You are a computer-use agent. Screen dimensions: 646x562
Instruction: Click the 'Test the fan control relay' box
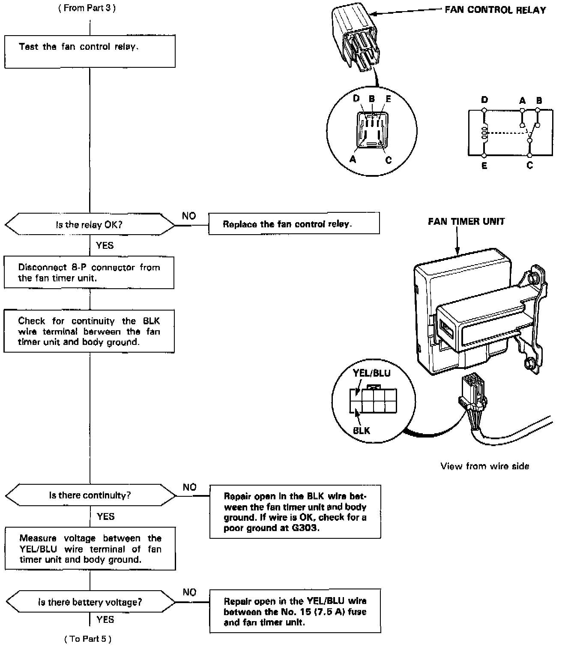click(x=90, y=51)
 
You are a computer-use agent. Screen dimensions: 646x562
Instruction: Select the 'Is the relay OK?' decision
click(x=90, y=224)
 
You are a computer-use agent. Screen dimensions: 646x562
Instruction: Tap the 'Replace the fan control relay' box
click(x=294, y=224)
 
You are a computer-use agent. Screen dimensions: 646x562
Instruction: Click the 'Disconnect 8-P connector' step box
click(x=89, y=273)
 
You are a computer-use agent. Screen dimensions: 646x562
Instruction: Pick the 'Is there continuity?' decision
click(x=90, y=495)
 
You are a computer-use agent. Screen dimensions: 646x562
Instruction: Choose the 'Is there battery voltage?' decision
click(x=90, y=602)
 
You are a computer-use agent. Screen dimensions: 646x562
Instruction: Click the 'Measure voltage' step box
click(x=90, y=549)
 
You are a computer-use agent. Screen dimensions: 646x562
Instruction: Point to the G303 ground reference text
click(x=305, y=528)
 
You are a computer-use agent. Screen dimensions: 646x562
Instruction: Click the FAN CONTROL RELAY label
click(x=495, y=10)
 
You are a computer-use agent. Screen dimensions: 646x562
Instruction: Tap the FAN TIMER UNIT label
click(x=466, y=221)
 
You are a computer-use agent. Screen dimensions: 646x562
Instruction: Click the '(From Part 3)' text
click(x=87, y=8)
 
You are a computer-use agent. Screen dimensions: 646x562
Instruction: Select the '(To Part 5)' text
click(x=88, y=639)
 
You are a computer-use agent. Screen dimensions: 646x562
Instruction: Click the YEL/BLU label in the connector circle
click(x=371, y=373)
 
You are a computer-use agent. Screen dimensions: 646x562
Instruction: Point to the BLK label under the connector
click(x=362, y=430)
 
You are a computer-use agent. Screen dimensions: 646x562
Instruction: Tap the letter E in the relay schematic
click(x=484, y=166)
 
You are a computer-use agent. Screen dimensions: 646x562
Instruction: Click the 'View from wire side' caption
click(x=484, y=466)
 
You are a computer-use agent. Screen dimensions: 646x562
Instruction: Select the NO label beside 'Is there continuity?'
click(x=190, y=487)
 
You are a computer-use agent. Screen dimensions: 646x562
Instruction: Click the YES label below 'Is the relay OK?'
click(x=105, y=245)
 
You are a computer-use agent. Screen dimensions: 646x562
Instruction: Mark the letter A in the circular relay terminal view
click(x=353, y=160)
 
